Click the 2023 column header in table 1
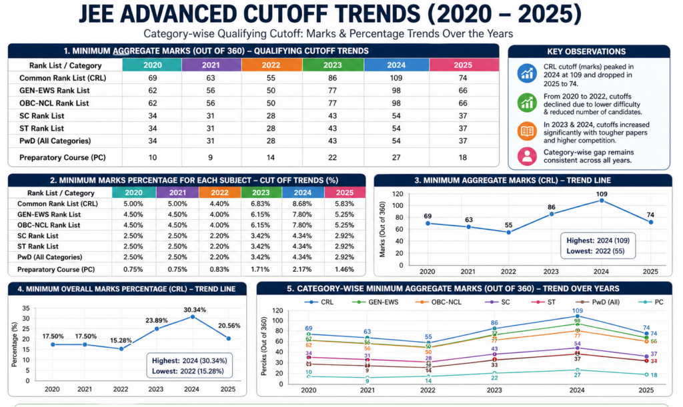(332, 65)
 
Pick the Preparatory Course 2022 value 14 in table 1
(271, 158)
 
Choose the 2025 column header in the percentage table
(344, 192)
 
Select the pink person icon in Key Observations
(527, 157)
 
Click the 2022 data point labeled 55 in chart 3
(509, 232)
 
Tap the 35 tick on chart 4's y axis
(26, 308)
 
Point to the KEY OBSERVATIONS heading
(586, 51)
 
